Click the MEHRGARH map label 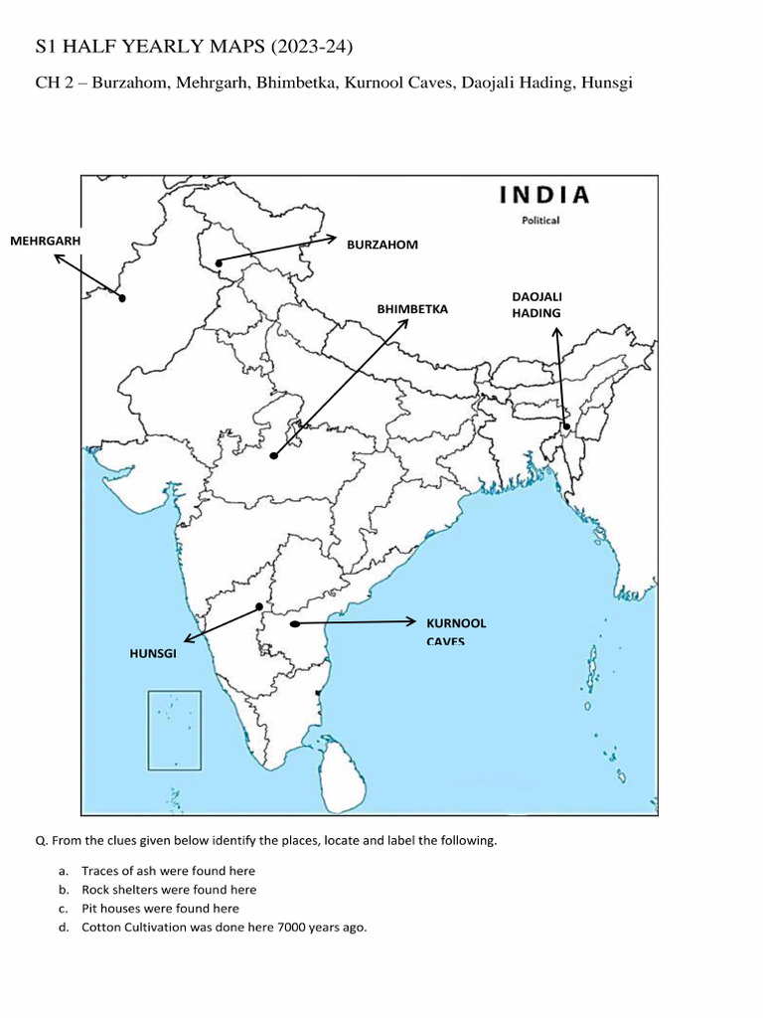tap(45, 241)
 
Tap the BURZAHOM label tap(381, 245)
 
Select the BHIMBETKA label tap(412, 309)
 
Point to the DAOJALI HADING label tap(536, 305)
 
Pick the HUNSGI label tap(153, 653)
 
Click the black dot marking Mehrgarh tap(122, 297)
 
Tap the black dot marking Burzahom tap(219, 262)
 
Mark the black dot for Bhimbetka tap(274, 455)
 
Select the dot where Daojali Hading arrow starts tap(566, 426)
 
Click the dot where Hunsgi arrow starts tap(259, 606)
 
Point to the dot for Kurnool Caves tap(295, 624)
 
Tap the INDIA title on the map tap(543, 195)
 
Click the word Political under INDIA tap(541, 220)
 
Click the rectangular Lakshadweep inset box tap(175, 731)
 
